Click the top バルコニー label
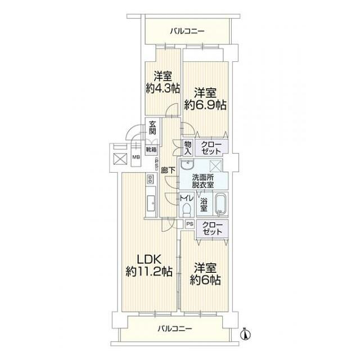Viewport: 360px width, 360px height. [x=188, y=31]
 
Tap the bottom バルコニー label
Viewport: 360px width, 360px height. [x=175, y=328]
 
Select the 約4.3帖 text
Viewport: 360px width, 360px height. [x=163, y=88]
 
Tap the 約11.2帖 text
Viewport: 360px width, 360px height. [x=149, y=272]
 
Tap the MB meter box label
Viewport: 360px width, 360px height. [x=136, y=157]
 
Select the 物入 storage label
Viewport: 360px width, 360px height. [x=188, y=148]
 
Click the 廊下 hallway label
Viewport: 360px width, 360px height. [x=166, y=169]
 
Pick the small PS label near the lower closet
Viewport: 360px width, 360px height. [x=189, y=224]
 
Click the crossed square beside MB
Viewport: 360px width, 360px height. [x=120, y=158]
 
